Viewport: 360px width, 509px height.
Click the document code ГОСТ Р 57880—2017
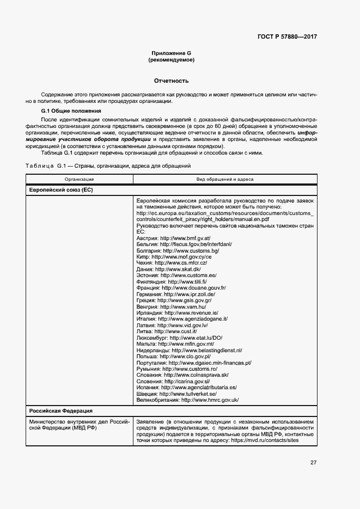click(x=286, y=37)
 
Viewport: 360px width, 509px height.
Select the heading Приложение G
click(x=171, y=53)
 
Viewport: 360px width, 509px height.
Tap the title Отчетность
click(x=171, y=81)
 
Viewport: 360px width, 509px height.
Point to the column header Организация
click(x=79, y=179)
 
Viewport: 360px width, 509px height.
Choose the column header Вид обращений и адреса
click(x=224, y=179)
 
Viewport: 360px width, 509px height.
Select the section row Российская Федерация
click(x=60, y=410)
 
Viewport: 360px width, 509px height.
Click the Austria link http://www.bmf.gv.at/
click(x=185, y=238)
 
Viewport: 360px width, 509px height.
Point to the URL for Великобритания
click(x=210, y=400)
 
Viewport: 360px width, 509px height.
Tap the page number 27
click(x=313, y=463)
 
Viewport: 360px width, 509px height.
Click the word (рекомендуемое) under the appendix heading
click(x=171, y=60)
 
